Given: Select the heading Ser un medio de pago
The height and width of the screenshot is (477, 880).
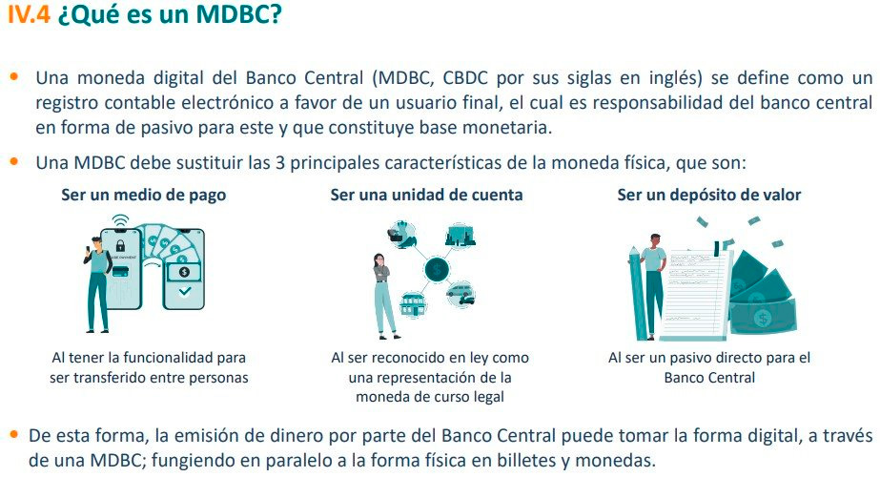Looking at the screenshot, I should (144, 195).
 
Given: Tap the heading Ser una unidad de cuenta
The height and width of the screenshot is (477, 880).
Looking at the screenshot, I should (426, 195).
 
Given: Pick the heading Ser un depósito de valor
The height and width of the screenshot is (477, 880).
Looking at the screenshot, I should (709, 195).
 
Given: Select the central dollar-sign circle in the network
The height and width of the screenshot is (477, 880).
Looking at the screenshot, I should (436, 270).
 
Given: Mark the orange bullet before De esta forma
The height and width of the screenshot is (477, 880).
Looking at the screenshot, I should (13, 435).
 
